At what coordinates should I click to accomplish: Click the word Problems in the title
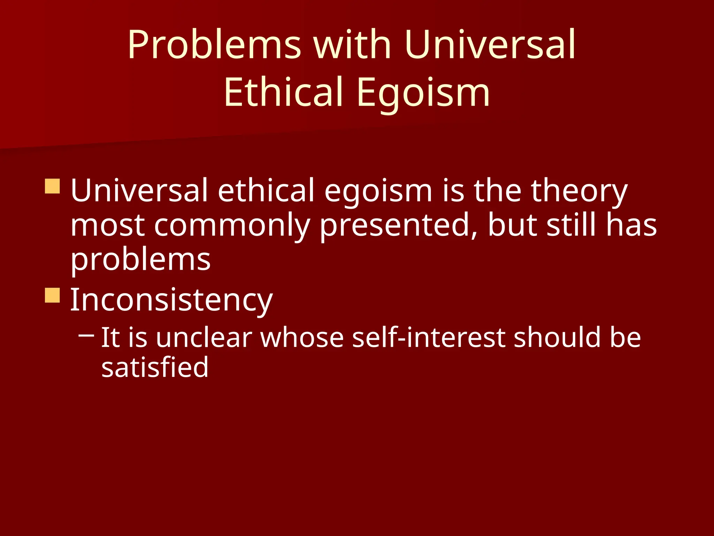[x=214, y=45]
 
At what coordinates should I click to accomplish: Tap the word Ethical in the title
[x=283, y=92]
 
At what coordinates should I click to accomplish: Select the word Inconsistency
[x=171, y=300]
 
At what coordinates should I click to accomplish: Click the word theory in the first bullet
[x=579, y=191]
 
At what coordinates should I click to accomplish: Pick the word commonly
[x=232, y=226]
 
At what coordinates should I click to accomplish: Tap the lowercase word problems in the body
[x=140, y=260]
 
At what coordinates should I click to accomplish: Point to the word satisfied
[x=155, y=367]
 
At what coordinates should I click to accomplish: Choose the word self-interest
[x=429, y=337]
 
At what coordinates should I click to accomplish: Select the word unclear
[x=204, y=337]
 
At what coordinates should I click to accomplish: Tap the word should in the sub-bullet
[x=557, y=337]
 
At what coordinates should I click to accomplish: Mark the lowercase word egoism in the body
[x=378, y=191]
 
